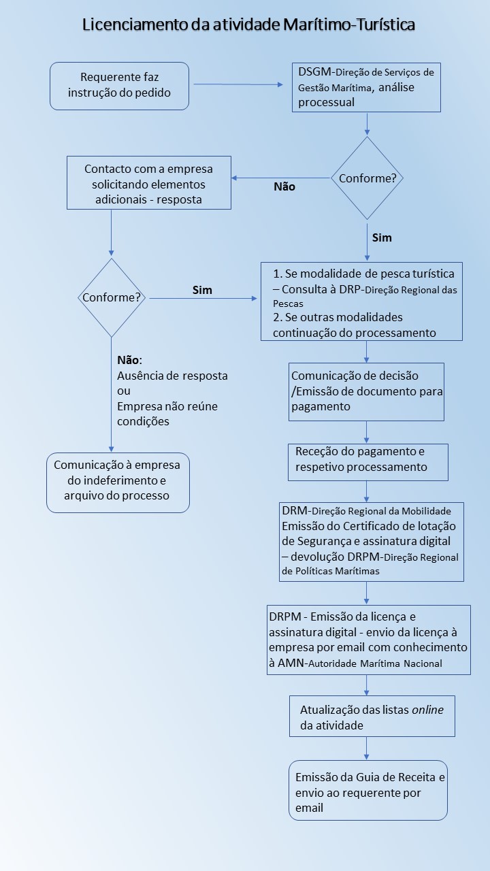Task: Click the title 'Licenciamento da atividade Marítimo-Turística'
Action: point(248,24)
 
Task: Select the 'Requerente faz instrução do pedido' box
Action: point(119,86)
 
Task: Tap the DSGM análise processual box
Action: point(366,88)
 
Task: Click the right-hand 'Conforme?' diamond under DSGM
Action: point(367,178)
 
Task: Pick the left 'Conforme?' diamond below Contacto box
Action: point(112,297)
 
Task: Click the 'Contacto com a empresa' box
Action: point(149,183)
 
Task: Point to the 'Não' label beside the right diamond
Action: point(284,186)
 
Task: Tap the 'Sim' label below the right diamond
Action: point(382,237)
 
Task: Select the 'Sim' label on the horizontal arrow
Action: point(202,290)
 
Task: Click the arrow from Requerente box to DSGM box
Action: point(238,84)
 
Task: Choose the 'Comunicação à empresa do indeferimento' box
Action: point(118,482)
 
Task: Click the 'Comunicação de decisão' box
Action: point(366,392)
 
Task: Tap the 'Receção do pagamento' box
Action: point(368,462)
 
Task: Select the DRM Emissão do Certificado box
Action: point(372,542)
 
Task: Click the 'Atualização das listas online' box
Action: point(372,717)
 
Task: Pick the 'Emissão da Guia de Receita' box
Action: point(368,791)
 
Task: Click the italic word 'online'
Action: point(428,710)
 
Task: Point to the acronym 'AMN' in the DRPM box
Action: point(291,663)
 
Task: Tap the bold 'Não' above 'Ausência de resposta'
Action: point(129,360)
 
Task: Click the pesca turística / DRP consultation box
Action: point(361,301)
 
